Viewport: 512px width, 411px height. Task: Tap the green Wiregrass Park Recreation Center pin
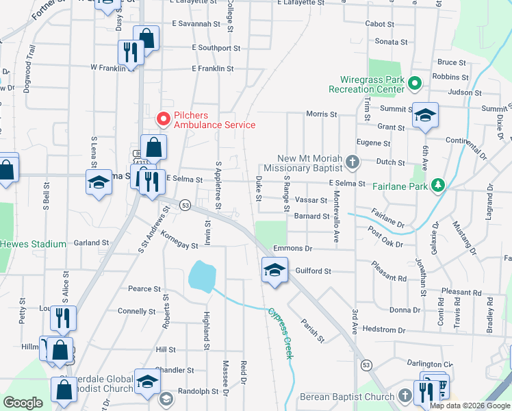tap(414, 84)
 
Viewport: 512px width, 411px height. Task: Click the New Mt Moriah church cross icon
tap(352, 162)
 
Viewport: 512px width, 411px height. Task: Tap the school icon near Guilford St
tap(274, 269)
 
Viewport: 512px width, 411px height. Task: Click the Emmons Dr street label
tap(292, 248)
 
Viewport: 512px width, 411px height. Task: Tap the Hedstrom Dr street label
tap(379, 329)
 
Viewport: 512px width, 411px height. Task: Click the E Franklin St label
tap(213, 68)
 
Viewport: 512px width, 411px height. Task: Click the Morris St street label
tap(322, 114)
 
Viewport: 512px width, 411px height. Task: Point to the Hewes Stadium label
tap(33, 244)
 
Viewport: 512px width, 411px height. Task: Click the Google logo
tap(23, 403)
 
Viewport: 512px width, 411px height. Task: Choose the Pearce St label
tap(144, 289)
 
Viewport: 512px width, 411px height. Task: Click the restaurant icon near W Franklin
tap(129, 51)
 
